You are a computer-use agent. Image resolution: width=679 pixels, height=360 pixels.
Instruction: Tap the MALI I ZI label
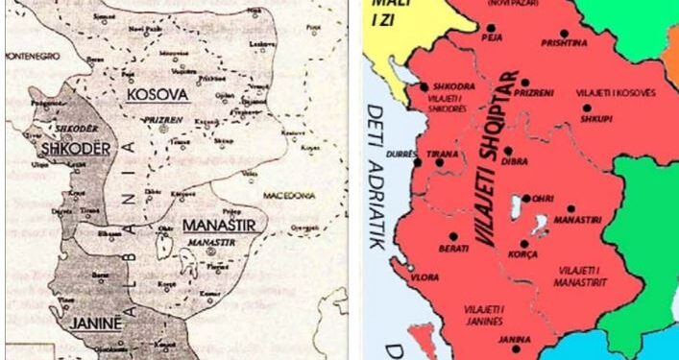(x=385, y=12)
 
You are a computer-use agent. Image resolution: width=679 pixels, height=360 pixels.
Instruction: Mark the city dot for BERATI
(x=451, y=235)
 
